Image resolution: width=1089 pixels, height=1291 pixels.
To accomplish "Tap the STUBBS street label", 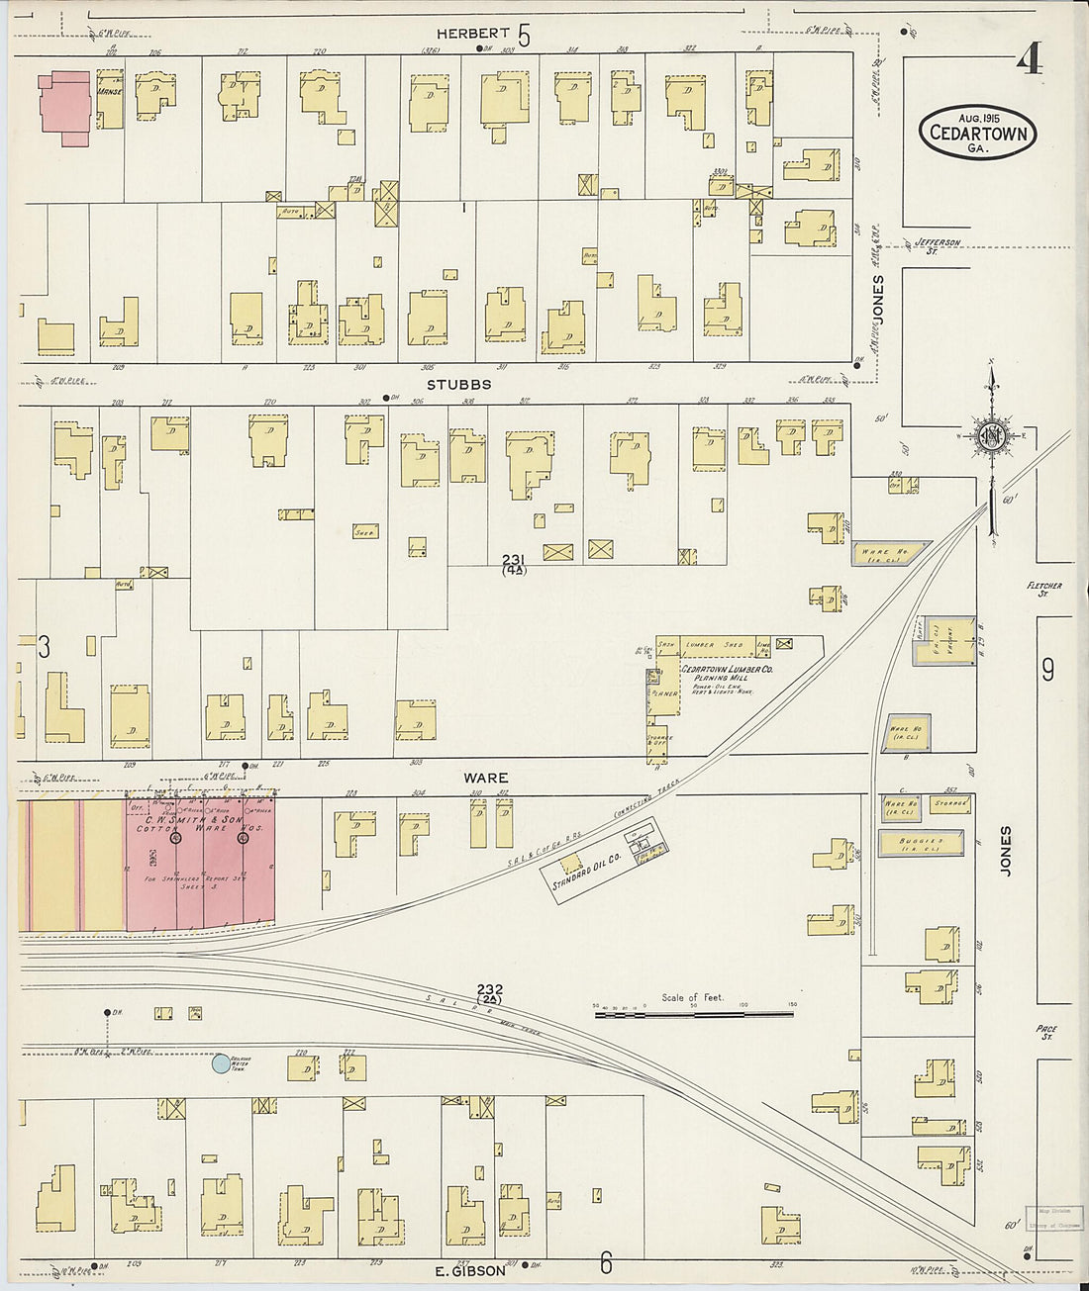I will (x=458, y=384).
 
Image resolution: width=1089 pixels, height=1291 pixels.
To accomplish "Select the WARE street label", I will (x=485, y=779).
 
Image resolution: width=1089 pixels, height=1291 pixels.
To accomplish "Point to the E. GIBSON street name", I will (x=471, y=1271).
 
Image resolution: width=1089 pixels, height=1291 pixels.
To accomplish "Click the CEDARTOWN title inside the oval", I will (x=977, y=134).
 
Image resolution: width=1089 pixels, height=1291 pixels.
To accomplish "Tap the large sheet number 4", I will (x=1030, y=61).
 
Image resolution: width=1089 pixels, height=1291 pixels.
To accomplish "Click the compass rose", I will (x=991, y=435).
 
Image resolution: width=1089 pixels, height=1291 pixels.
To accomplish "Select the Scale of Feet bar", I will (x=693, y=1014).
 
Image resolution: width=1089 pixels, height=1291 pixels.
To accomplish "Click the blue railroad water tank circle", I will (x=220, y=1064).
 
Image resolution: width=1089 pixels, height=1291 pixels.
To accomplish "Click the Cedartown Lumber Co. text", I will (x=727, y=670).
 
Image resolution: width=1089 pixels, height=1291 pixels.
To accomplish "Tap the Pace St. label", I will (x=1046, y=1033).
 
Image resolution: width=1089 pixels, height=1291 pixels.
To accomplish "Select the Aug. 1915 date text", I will (x=977, y=118).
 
